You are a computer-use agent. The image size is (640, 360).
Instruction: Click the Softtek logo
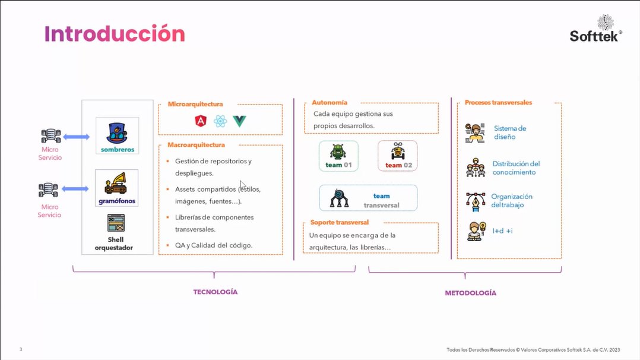595,28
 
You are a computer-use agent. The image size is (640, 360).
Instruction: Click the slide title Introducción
115,34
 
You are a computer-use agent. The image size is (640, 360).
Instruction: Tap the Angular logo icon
200,122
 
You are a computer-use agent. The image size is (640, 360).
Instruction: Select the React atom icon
220,122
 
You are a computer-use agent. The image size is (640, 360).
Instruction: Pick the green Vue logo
240,122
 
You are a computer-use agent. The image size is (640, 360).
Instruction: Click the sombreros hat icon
117,131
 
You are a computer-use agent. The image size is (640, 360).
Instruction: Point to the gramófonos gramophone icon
117,184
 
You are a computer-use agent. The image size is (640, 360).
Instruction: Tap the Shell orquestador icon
116,223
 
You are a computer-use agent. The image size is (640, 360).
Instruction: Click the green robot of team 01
338,151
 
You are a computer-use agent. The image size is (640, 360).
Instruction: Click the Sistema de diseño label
510,132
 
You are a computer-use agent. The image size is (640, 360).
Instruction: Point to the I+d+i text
501,230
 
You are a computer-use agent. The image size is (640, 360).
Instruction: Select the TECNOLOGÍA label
215,292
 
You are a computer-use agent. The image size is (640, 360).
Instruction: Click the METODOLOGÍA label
470,293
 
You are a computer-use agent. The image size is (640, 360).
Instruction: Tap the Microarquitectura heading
195,104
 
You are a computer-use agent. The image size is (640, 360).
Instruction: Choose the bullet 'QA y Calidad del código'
214,245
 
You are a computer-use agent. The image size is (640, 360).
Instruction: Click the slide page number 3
21,349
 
